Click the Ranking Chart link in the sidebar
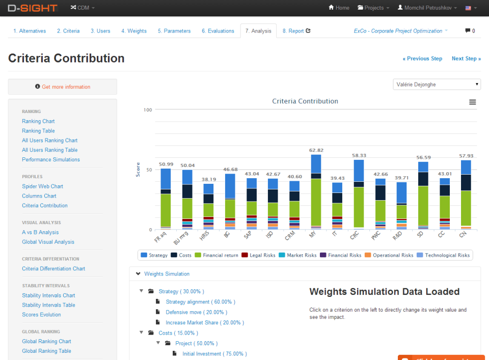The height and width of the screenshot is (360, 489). pyautogui.click(x=38, y=121)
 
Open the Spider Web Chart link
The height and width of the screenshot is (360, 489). pyautogui.click(x=42, y=186)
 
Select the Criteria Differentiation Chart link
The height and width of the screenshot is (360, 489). pyautogui.click(x=53, y=269)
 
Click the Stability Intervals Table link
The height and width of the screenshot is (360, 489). pyautogui.click(x=48, y=305)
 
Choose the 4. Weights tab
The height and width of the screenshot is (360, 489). pyautogui.click(x=134, y=31)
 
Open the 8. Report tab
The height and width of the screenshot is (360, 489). pyautogui.click(x=296, y=31)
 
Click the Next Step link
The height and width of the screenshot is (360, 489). pyautogui.click(x=466, y=59)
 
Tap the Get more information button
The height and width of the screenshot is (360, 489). pyautogui.click(x=63, y=87)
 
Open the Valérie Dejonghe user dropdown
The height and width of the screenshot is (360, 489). pyautogui.click(x=437, y=85)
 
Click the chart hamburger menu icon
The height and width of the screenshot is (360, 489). pyautogui.click(x=473, y=102)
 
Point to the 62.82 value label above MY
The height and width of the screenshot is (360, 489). pyautogui.click(x=316, y=150)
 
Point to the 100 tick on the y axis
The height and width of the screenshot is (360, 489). pyautogui.click(x=148, y=110)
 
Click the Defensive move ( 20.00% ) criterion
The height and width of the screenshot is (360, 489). pyautogui.click(x=196, y=312)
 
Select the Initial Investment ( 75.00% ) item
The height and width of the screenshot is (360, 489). pyautogui.click(x=214, y=354)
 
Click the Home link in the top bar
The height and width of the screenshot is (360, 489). pyautogui.click(x=339, y=8)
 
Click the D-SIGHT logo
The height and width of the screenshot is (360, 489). pyautogui.click(x=33, y=8)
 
